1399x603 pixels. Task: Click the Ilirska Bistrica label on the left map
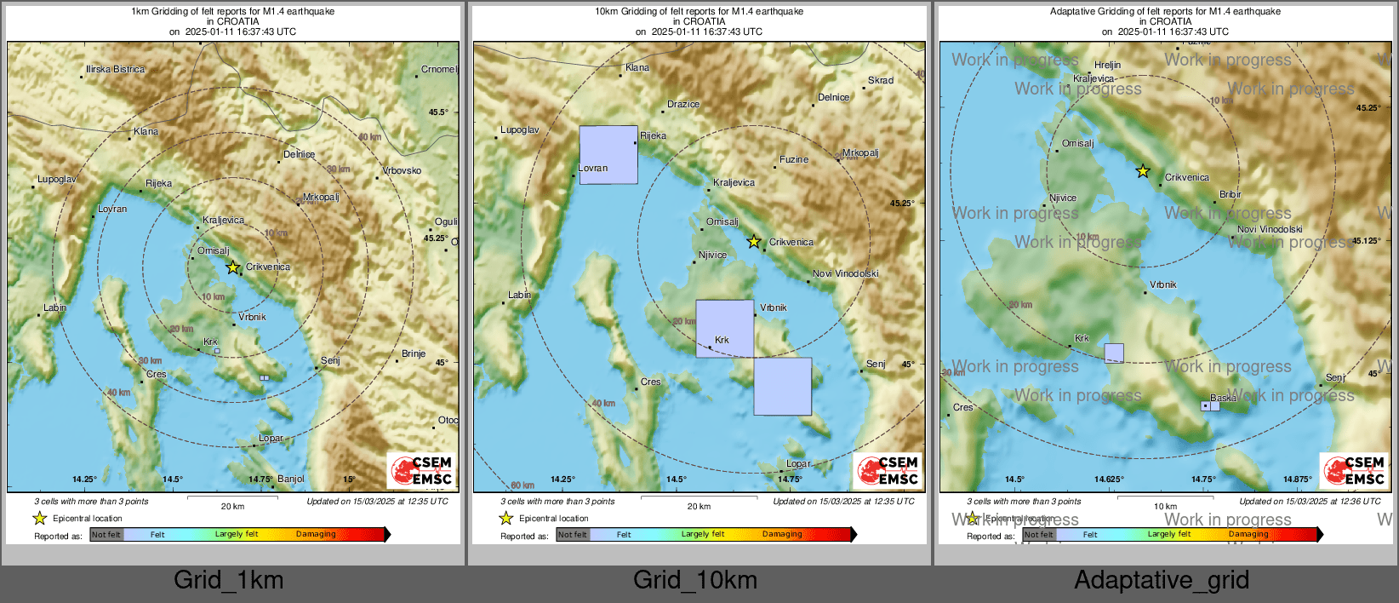click(x=115, y=69)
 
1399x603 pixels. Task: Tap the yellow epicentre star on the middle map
click(x=754, y=242)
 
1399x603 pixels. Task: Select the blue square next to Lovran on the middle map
click(x=608, y=155)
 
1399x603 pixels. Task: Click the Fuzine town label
click(x=794, y=159)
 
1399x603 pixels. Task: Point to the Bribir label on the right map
click(x=1231, y=194)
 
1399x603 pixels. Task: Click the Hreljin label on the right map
click(x=1107, y=65)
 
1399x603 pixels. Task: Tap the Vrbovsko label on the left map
click(x=402, y=170)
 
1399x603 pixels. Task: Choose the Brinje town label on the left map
click(x=414, y=353)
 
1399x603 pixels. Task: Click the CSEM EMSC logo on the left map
click(x=421, y=470)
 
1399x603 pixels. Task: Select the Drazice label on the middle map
click(x=683, y=104)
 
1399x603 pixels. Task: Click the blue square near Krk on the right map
click(x=1114, y=353)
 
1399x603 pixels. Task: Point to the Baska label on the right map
click(x=1223, y=398)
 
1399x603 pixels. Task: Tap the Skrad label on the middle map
click(x=881, y=80)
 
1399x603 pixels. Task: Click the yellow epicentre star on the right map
click(x=1143, y=171)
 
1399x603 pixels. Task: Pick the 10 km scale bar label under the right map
click(x=1165, y=506)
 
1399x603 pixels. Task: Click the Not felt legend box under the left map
click(x=106, y=535)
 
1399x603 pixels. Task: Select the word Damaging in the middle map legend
click(x=782, y=534)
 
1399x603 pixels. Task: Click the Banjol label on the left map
click(x=291, y=479)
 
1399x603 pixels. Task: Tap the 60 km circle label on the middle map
click(x=522, y=485)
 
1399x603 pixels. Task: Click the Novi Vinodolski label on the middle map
click(x=846, y=273)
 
